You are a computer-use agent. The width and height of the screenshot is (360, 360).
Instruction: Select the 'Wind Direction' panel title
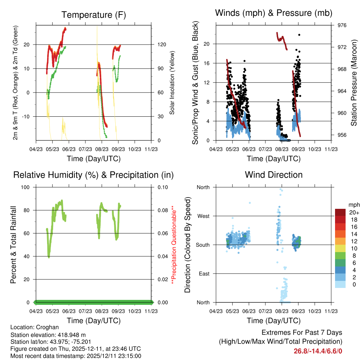[x=274, y=175]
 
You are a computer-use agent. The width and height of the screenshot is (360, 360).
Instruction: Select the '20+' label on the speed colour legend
[x=353, y=212]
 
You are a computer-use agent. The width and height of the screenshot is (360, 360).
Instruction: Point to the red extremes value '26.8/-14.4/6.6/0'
[x=318, y=351]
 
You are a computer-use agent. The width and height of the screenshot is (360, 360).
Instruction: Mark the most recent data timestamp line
[x=76, y=356]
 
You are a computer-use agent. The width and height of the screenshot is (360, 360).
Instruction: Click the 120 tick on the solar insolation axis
[x=161, y=45]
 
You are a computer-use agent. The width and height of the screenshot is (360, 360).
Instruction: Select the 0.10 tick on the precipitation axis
[x=162, y=187]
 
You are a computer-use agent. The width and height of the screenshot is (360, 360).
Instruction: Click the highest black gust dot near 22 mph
[x=299, y=35]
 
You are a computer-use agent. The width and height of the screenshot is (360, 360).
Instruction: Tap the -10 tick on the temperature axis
[x=27, y=116]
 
